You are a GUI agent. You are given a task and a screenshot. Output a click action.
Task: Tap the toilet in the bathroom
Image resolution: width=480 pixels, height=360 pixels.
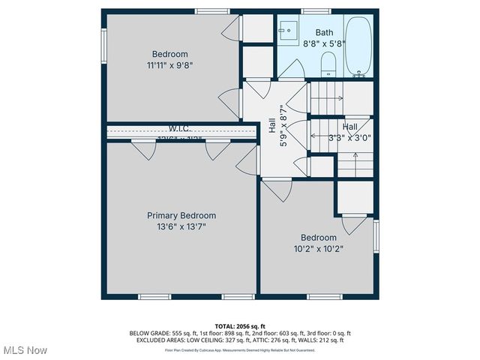point(327,64)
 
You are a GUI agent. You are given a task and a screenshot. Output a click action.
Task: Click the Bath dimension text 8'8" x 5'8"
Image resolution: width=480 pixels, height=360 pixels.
point(324,44)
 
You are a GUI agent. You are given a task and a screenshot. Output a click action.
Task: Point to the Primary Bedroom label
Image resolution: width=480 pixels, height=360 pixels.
point(181,215)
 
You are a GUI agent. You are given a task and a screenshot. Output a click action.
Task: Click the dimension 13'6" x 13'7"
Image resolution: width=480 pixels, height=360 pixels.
point(181,226)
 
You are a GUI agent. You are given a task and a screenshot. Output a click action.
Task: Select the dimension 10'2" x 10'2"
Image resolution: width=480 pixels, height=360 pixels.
point(319,248)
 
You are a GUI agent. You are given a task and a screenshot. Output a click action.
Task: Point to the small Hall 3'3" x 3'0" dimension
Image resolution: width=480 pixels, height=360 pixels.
point(349,137)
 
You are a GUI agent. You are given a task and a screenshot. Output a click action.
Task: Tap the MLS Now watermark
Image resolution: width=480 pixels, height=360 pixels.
point(25,350)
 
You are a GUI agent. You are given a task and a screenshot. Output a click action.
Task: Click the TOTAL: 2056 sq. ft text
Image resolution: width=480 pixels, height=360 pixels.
point(240,326)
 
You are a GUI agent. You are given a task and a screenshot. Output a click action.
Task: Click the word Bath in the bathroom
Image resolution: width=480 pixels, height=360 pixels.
point(324,32)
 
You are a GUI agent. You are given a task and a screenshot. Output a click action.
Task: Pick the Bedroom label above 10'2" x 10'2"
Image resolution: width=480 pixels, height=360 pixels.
point(319,238)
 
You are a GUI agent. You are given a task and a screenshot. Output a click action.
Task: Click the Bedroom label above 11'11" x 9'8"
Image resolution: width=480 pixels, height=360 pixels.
point(170,54)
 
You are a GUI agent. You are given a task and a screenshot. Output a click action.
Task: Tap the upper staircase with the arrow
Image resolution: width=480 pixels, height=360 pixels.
point(330,97)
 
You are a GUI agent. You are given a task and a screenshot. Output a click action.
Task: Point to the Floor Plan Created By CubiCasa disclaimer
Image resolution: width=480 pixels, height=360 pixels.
point(240,350)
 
